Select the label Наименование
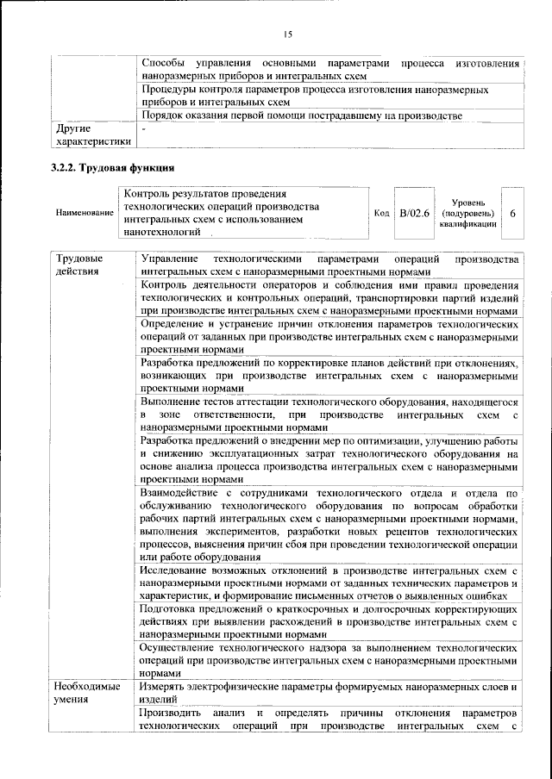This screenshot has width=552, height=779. point(84,212)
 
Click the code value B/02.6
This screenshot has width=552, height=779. point(415,212)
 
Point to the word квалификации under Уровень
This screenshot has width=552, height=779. point(467,223)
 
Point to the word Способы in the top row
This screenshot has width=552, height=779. point(164,64)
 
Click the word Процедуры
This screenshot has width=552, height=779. point(172,90)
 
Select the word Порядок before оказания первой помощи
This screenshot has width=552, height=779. point(165,115)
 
